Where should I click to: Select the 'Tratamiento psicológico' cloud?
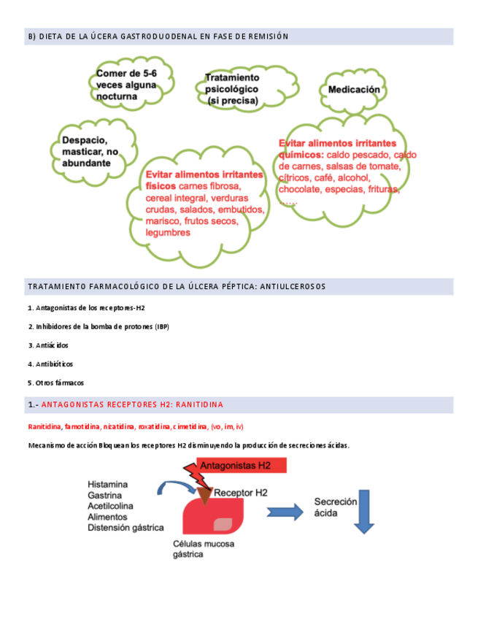[x=232, y=89]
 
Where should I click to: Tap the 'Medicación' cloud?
[x=354, y=90]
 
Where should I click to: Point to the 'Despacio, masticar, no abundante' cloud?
[x=90, y=152]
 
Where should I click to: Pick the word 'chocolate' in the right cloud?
[x=301, y=189]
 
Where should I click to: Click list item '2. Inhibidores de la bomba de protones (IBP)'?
[x=99, y=326]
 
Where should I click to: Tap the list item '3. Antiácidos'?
[x=48, y=345]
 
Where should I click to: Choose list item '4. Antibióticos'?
[x=50, y=364]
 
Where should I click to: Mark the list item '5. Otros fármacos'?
[x=55, y=382]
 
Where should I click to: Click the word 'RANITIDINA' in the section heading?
[x=199, y=404]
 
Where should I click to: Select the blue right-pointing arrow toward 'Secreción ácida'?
[x=285, y=512]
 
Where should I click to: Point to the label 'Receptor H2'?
[x=241, y=493]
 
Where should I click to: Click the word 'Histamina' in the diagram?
[x=107, y=484]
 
